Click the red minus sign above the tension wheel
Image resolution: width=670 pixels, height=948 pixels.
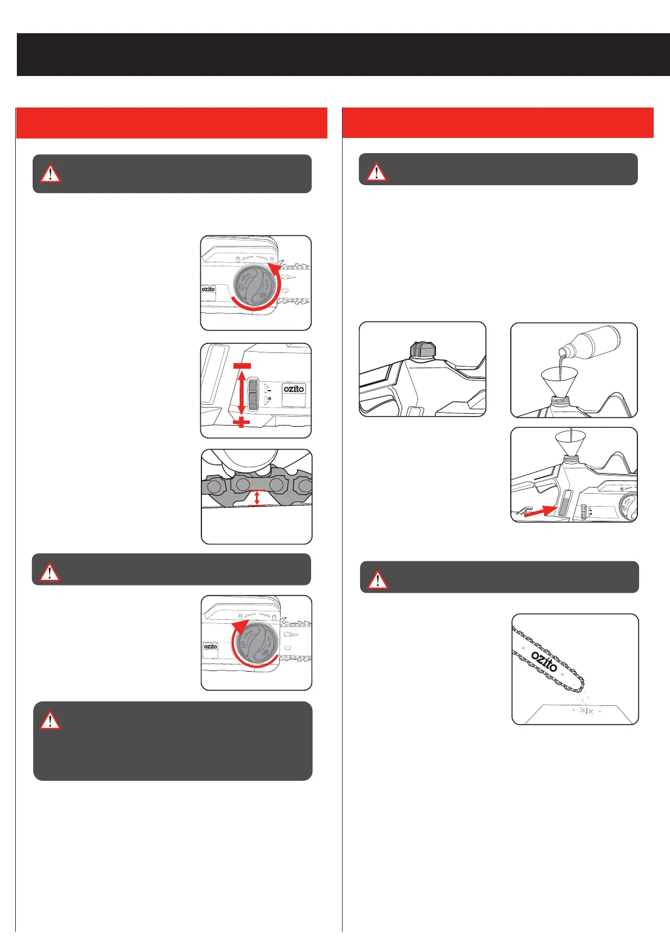pyautogui.click(x=242, y=366)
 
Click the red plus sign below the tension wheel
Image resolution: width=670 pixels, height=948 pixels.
pyautogui.click(x=241, y=422)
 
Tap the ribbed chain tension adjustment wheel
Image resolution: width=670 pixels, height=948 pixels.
pyautogui.click(x=253, y=393)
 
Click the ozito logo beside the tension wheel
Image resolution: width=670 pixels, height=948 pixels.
pyautogui.click(x=294, y=388)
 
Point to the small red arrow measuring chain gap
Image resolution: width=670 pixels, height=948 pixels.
pyautogui.click(x=257, y=498)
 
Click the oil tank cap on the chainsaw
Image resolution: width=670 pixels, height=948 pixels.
pyautogui.click(x=422, y=350)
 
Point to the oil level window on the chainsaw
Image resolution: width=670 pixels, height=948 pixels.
pyautogui.click(x=565, y=503)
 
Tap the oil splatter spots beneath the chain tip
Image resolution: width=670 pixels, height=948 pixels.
pyautogui.click(x=586, y=710)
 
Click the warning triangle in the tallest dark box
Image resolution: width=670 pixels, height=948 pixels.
pyautogui.click(x=50, y=721)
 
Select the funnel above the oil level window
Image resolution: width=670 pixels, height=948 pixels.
pyautogui.click(x=570, y=444)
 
